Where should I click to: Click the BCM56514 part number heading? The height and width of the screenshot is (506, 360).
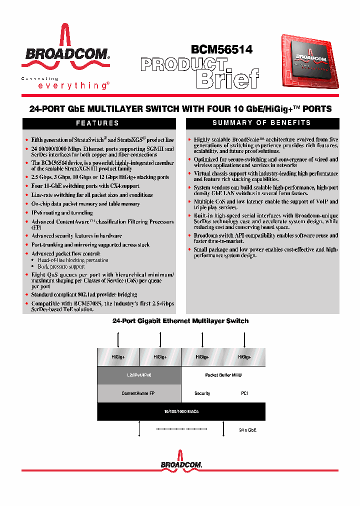[x=221, y=48]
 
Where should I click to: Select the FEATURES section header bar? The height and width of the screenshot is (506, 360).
[x=97, y=123]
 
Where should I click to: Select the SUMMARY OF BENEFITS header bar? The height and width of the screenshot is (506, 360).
[x=262, y=123]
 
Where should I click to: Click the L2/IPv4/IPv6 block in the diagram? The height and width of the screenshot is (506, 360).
[x=138, y=375]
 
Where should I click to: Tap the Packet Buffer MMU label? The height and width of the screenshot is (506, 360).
[x=223, y=375]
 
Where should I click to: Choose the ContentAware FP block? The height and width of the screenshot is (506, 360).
[x=138, y=393]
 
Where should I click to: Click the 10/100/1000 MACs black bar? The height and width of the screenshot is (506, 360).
[x=181, y=411]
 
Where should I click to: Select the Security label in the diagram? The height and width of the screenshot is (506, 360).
[x=202, y=393]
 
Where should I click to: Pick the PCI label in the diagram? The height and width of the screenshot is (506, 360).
[x=244, y=393]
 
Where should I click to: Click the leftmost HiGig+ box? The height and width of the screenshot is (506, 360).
[x=117, y=357]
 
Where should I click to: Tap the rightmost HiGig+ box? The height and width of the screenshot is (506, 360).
[x=244, y=357]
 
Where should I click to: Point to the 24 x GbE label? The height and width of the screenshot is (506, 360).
[x=247, y=430]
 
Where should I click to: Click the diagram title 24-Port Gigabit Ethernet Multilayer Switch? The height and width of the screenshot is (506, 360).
[x=180, y=321]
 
